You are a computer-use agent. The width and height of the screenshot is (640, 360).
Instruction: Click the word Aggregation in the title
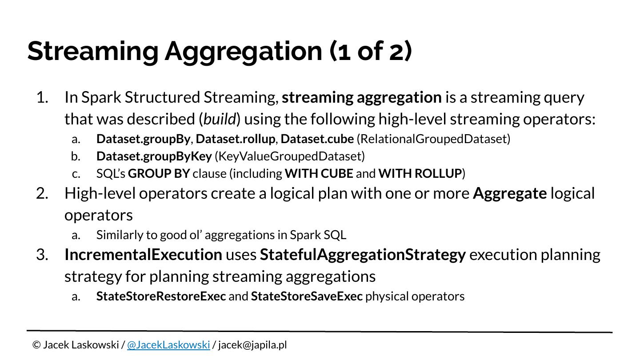point(243,51)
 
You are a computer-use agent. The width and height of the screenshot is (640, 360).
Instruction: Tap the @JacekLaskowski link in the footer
point(168,345)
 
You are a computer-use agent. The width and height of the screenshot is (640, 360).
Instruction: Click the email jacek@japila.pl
point(252,345)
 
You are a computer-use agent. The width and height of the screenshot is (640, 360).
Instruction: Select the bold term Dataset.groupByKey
point(154,156)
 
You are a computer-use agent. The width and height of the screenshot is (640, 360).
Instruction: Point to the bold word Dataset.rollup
point(235,139)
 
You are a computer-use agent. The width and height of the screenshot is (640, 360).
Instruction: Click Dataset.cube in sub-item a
point(317,139)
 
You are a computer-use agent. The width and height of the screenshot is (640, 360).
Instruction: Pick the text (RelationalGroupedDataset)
point(433,139)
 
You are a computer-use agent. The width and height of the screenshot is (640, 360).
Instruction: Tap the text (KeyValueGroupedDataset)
point(289,156)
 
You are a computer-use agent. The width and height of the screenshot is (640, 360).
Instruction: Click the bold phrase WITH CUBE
point(319,174)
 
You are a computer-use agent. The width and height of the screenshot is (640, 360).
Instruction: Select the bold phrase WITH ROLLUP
point(420,174)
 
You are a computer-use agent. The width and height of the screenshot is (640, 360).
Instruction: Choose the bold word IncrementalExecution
point(143,255)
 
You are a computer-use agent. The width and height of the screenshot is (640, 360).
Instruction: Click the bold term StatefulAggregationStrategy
point(363,255)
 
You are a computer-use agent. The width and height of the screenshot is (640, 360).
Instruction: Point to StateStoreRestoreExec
point(161,296)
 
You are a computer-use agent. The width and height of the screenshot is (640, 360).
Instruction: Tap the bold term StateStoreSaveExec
point(307,296)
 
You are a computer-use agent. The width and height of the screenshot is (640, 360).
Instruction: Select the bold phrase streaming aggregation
point(362,97)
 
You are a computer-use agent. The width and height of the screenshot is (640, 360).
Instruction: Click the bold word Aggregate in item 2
point(509,194)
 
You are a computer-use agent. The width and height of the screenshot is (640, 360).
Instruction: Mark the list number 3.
point(42,255)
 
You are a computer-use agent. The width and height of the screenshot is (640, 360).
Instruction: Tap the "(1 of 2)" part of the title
point(371,51)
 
